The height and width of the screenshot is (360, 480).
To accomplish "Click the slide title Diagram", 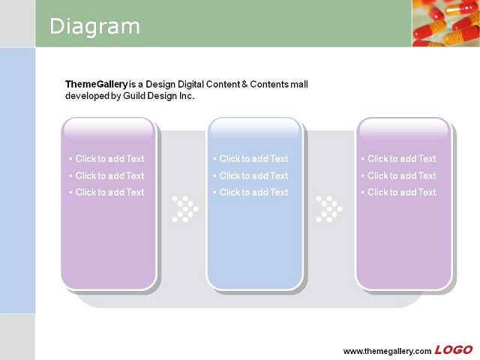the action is click(94, 27).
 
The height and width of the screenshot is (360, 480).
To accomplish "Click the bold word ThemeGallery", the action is click(97, 85).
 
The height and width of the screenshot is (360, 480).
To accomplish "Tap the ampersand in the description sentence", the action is click(244, 84).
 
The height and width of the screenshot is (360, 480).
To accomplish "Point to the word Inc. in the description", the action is click(187, 96).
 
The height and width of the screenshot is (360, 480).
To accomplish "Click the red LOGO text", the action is click(453, 349).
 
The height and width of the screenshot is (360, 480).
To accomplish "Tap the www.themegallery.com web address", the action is click(387, 351).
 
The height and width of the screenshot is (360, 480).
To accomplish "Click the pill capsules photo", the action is click(446, 23).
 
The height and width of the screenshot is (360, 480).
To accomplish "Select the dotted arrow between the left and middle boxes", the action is click(185, 208).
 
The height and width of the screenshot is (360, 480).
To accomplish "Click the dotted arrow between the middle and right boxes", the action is click(329, 208).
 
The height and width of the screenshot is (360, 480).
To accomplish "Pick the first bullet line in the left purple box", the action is click(106, 158).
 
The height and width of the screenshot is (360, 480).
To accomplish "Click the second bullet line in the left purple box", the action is click(106, 175).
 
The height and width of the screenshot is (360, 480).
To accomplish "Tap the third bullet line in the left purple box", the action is click(106, 192).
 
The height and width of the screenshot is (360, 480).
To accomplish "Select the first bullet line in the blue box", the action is click(250, 158).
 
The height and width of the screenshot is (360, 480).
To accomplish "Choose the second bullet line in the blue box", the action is click(250, 175).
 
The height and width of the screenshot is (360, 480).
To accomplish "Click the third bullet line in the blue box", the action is click(250, 192).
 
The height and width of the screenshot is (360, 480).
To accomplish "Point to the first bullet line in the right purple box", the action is click(399, 158).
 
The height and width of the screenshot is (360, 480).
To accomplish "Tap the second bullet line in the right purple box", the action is click(399, 175).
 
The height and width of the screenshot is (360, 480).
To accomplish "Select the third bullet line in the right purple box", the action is click(399, 192).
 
